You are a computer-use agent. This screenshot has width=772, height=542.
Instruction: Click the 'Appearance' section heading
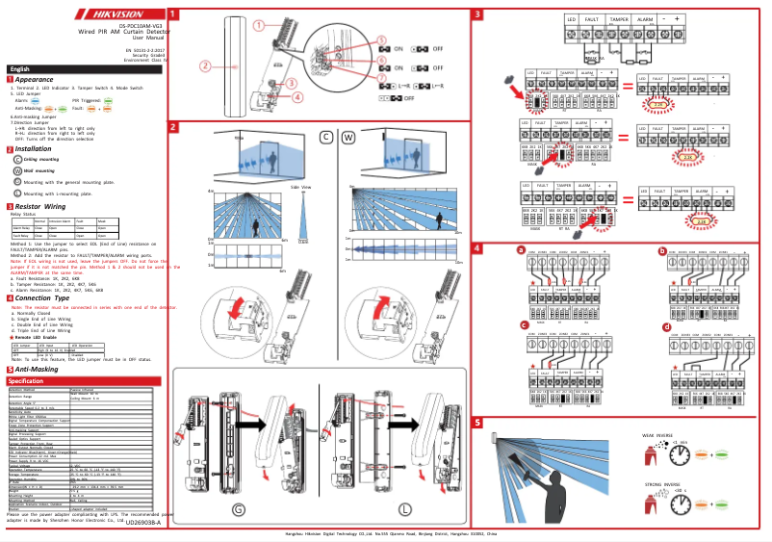34,79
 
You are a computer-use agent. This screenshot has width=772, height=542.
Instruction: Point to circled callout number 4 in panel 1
297,96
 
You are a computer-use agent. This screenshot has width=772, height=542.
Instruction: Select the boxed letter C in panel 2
326,137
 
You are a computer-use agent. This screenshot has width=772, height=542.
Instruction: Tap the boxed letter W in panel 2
349,137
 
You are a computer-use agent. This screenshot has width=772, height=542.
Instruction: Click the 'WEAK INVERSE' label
659,434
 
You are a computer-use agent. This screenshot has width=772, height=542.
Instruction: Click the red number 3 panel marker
477,14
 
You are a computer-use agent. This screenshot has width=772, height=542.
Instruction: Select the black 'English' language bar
23,69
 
